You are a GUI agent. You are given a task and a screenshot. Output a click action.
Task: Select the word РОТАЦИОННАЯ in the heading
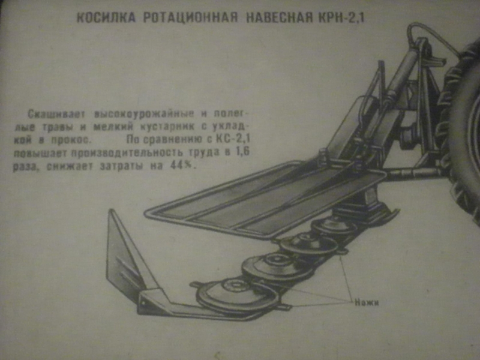point(191,17)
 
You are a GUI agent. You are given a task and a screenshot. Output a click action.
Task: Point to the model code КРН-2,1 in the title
point(339,17)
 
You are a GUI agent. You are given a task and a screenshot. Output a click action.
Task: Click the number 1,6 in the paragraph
point(244,154)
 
